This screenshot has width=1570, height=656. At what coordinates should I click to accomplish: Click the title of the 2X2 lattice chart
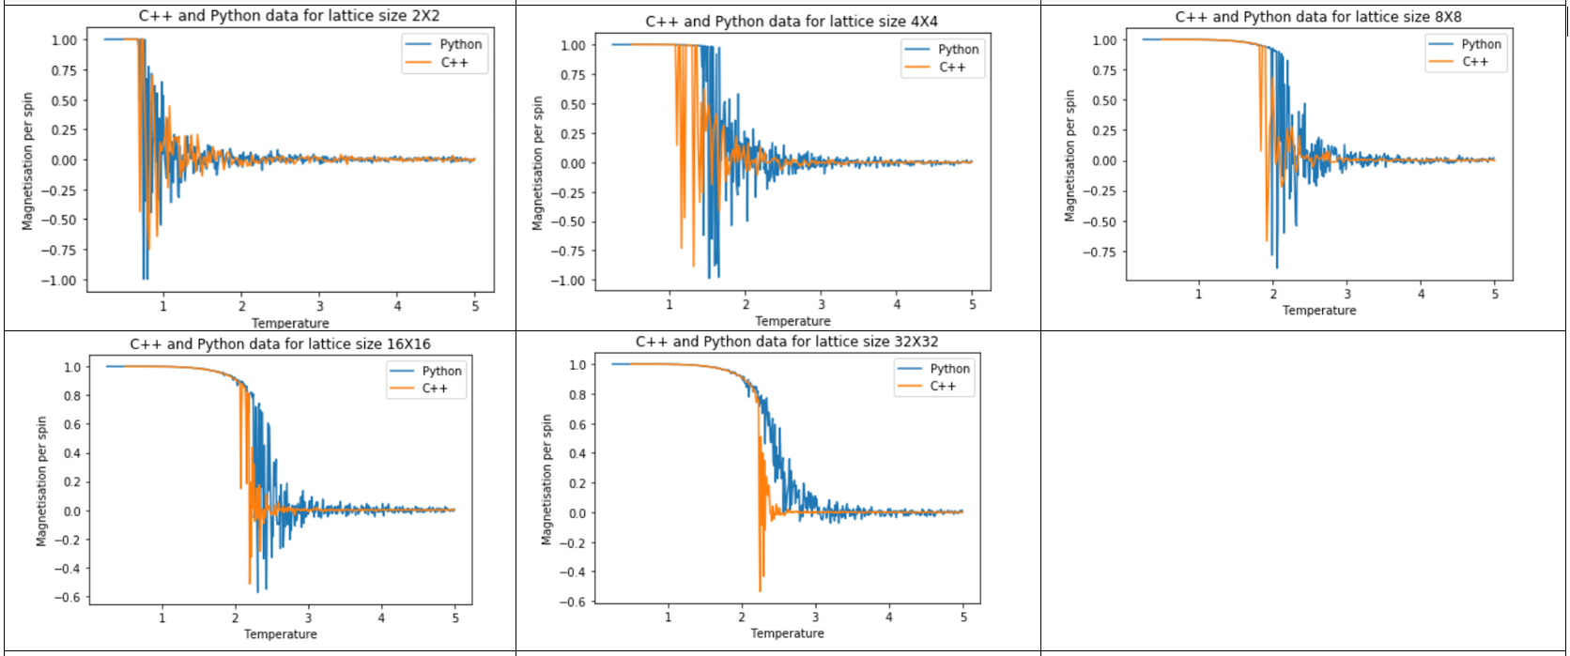point(289,16)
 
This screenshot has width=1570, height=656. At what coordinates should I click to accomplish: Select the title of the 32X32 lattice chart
point(787,342)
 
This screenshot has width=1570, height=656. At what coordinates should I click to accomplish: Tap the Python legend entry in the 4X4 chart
point(958,49)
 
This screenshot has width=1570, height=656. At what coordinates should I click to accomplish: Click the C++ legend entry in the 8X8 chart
point(1474,62)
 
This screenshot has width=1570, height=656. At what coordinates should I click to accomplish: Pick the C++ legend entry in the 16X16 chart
point(435,389)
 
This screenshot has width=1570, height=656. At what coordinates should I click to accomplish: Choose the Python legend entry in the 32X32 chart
point(949,369)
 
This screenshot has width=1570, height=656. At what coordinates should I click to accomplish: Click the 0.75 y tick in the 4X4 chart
point(572,75)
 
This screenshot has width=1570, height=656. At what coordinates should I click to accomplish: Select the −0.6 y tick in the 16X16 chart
point(71,598)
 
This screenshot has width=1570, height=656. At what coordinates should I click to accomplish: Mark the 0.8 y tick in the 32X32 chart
point(577,395)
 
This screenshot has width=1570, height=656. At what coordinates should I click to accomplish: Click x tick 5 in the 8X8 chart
point(1495,295)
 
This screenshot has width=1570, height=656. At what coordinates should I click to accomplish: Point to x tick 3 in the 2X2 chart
point(319,307)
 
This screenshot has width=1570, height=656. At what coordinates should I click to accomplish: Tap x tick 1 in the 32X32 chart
point(668,618)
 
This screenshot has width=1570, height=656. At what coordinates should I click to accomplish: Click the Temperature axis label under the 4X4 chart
point(793,321)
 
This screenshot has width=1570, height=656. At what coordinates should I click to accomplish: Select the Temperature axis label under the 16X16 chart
point(280,634)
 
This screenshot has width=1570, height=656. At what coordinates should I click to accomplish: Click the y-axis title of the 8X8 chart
point(1070,156)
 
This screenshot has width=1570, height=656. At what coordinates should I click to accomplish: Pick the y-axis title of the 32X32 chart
point(546,480)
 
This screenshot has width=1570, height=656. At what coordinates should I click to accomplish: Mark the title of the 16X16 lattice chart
point(280,344)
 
